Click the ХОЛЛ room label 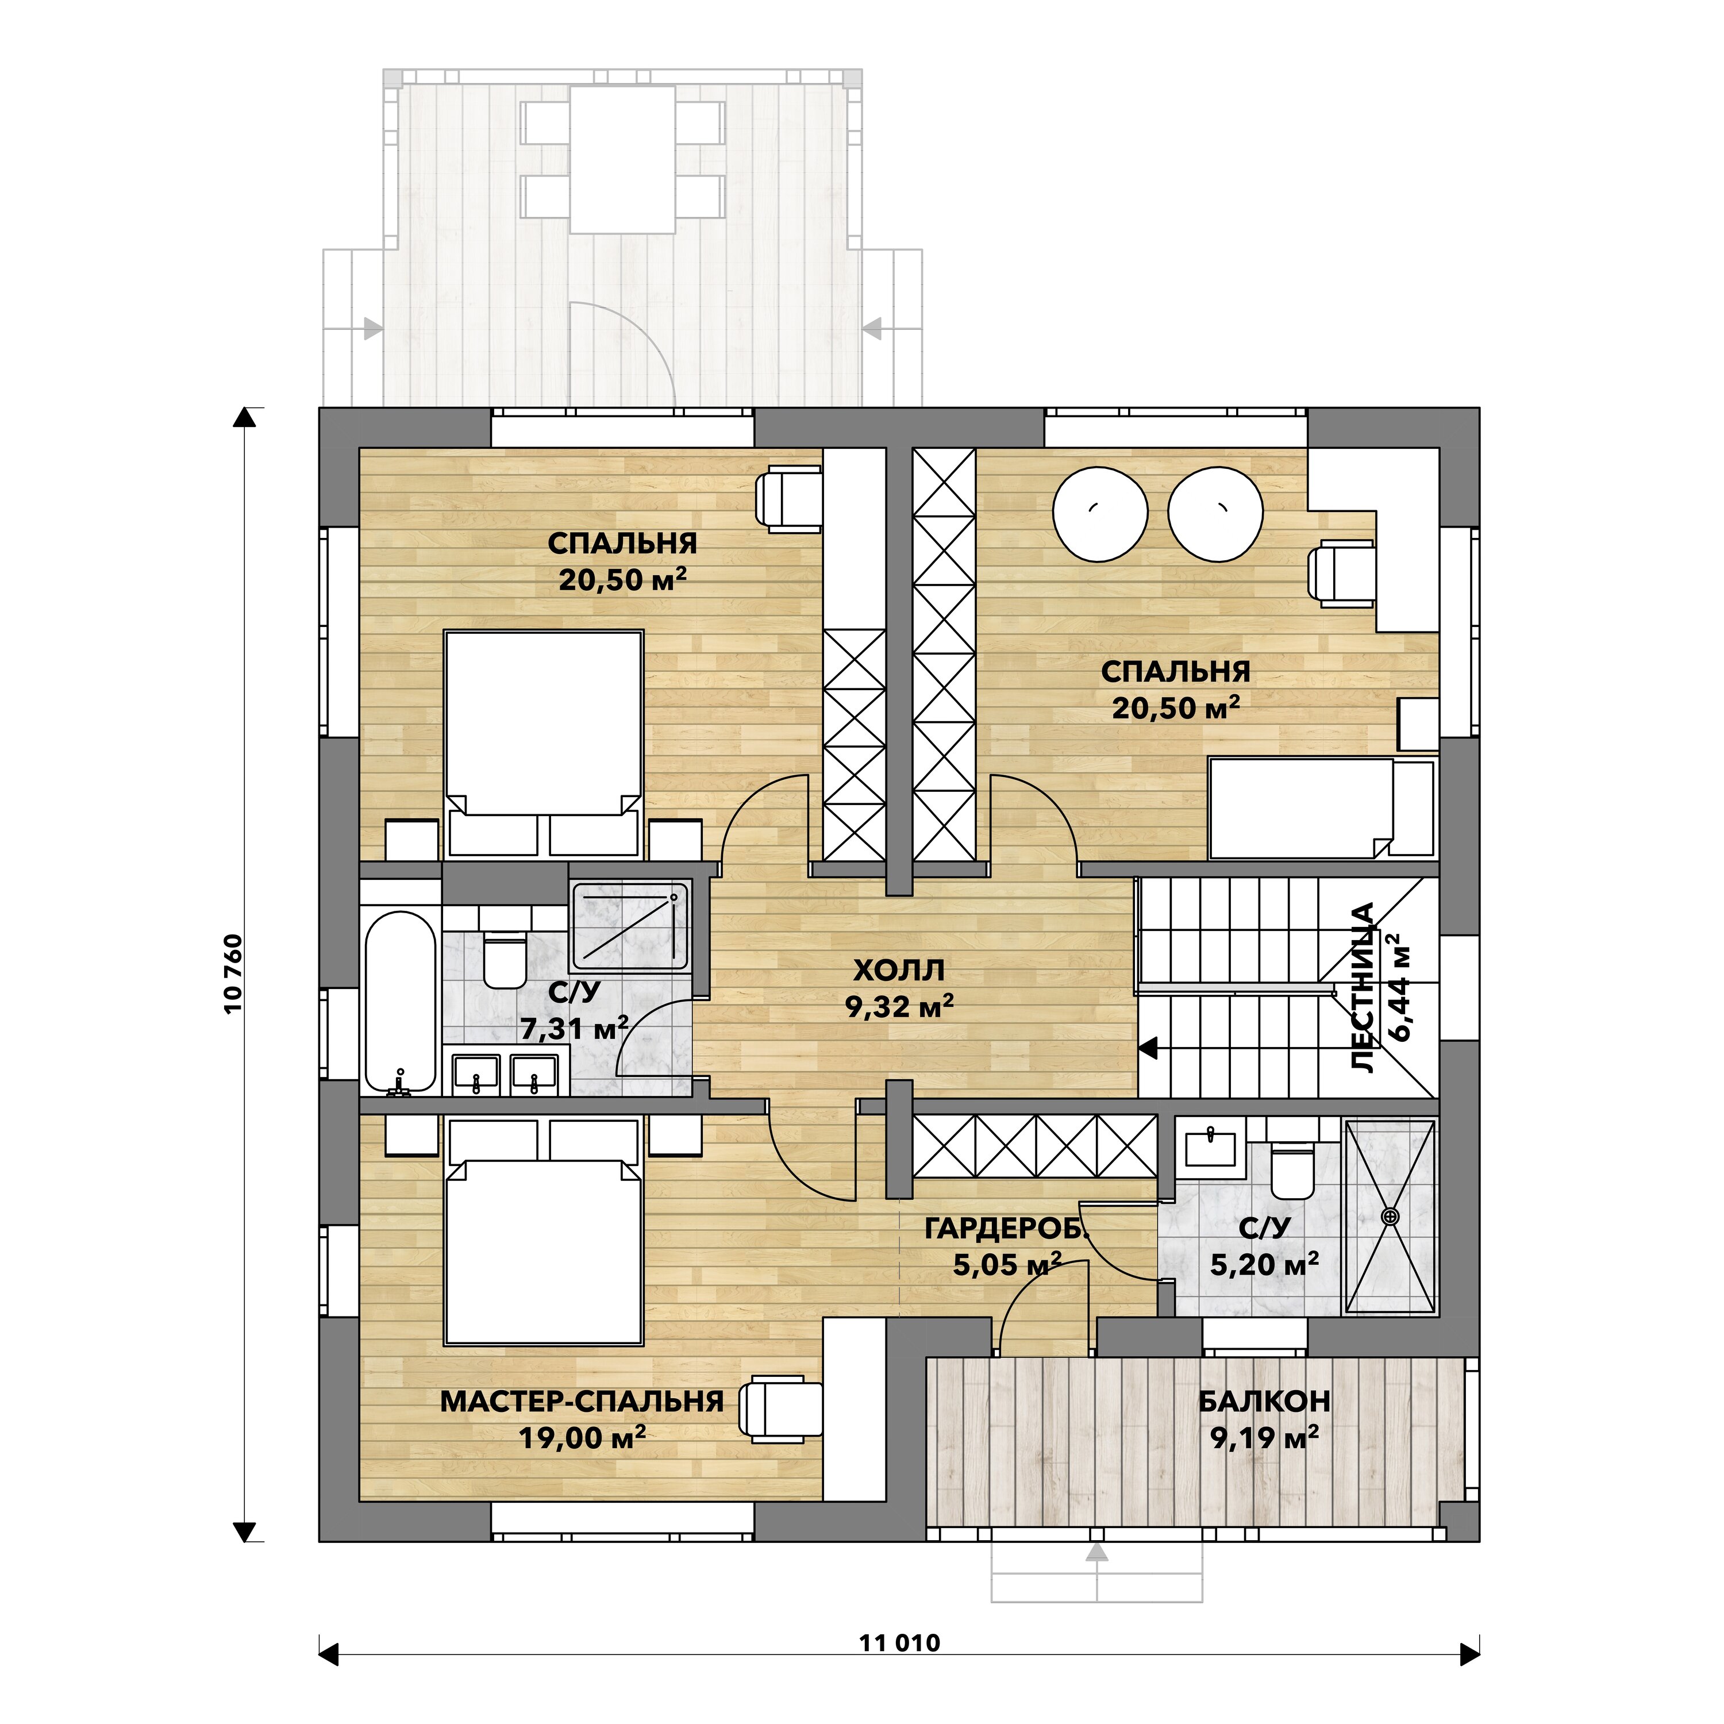tap(899, 970)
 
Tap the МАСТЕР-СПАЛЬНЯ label tap(582, 1402)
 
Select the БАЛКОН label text tap(1264, 1402)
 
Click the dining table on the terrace tap(623, 160)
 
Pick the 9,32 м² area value tap(899, 1007)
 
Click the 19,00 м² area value tap(582, 1438)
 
